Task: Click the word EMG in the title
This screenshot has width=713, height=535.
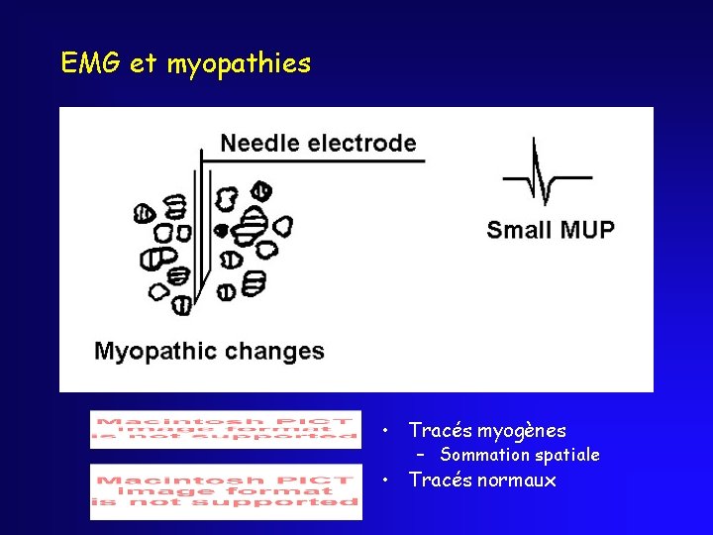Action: [91, 64]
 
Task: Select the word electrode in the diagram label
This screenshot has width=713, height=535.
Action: [362, 143]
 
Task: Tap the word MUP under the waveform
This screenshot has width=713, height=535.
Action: [586, 230]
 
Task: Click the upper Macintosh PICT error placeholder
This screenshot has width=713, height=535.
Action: [226, 429]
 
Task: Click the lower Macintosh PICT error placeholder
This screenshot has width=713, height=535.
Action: [226, 491]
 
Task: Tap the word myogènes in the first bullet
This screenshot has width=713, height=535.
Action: [522, 431]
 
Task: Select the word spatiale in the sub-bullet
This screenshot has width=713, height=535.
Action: [567, 456]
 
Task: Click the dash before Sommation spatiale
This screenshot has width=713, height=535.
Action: [421, 455]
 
